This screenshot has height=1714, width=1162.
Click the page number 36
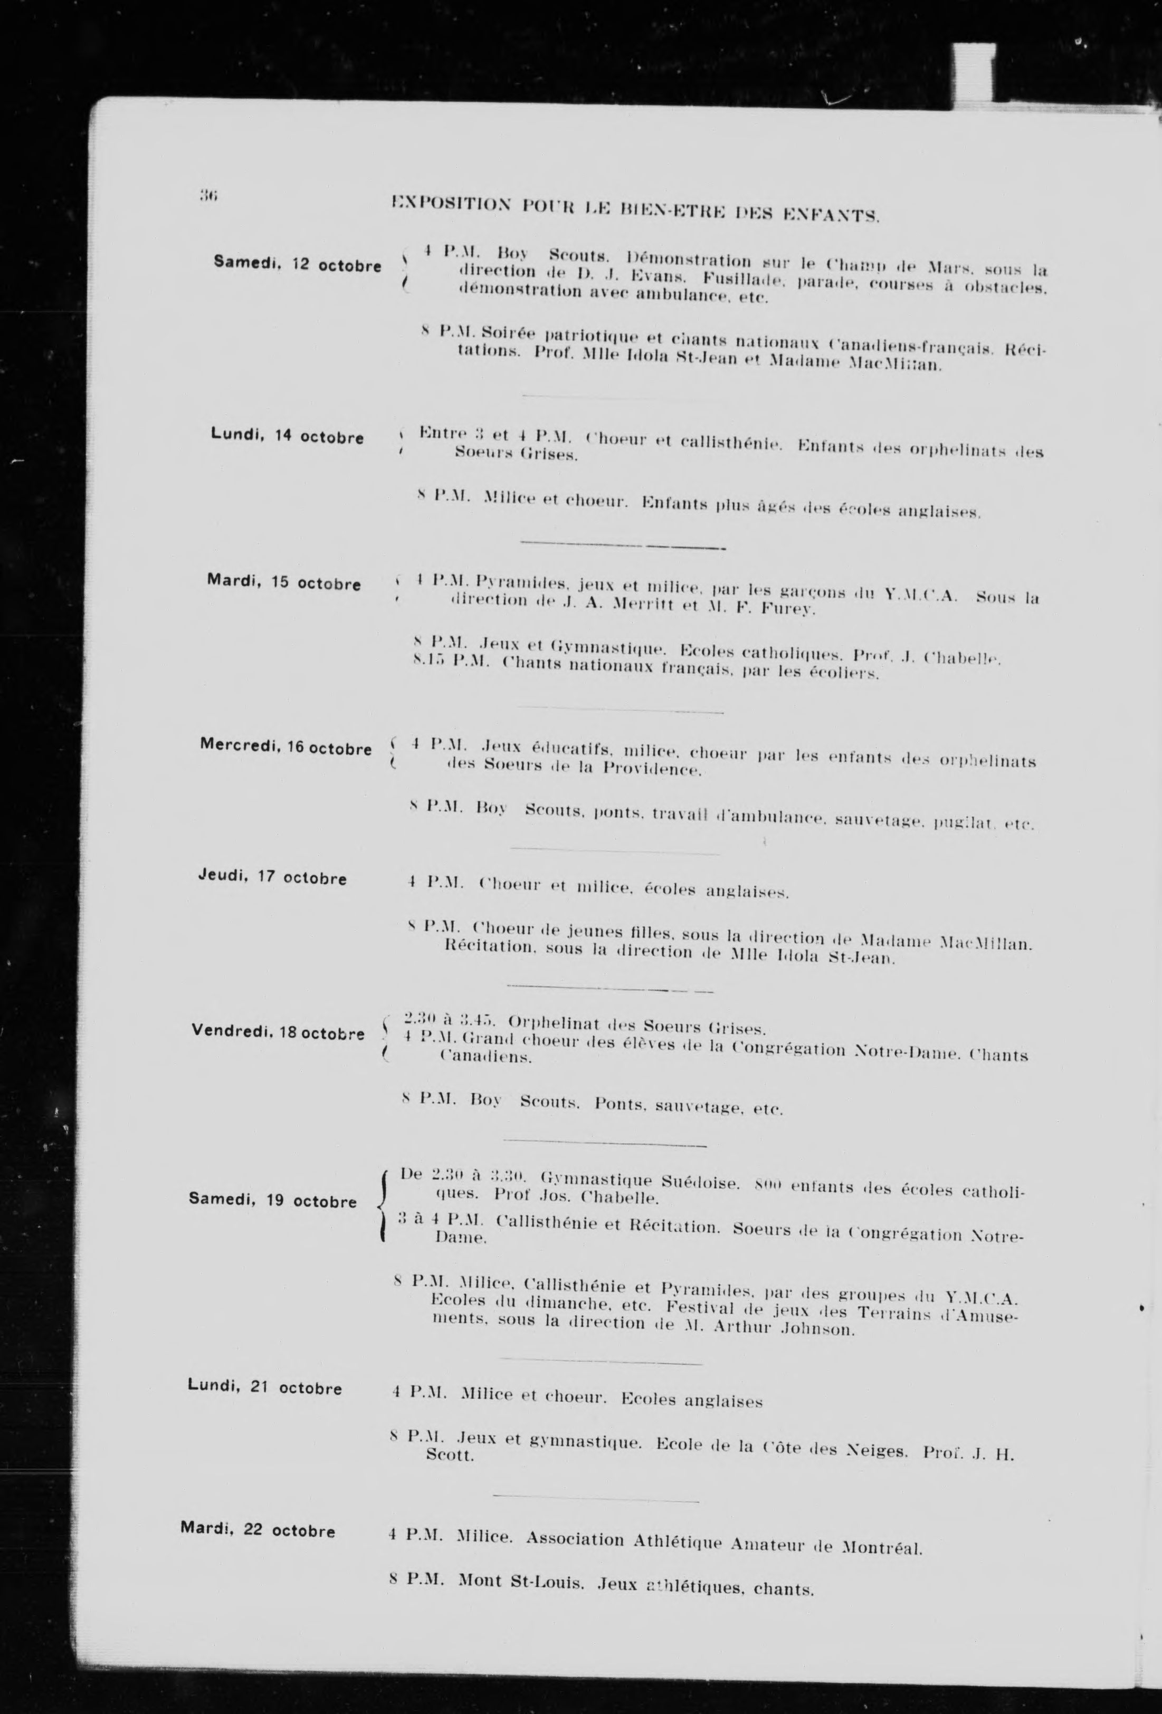point(206,195)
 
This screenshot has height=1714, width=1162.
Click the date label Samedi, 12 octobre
point(297,264)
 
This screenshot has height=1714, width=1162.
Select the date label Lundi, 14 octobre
point(287,435)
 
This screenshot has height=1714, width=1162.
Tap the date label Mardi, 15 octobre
point(283,582)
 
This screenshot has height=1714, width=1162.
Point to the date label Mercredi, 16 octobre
point(285,746)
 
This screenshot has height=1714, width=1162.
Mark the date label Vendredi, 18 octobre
point(278,1032)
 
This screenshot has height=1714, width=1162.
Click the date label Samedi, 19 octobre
point(272,1200)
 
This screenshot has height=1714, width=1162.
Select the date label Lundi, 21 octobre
point(265,1387)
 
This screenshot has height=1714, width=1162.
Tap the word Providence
point(650,770)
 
